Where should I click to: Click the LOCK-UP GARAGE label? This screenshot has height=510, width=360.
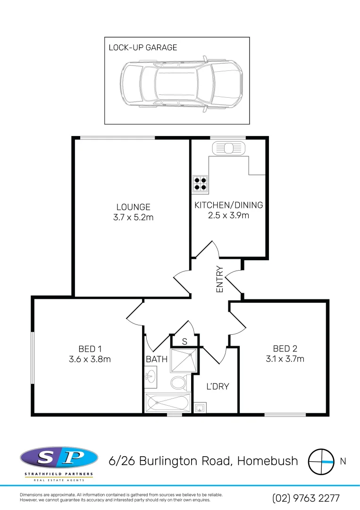coord(143,47)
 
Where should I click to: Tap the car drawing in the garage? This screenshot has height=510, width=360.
coord(182,84)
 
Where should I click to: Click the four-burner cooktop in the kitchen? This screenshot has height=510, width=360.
coord(200,183)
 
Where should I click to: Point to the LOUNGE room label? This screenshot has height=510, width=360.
coord(134,207)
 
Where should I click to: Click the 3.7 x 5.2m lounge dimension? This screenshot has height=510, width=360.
coord(134,217)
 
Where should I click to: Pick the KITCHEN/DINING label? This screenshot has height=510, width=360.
coord(229,205)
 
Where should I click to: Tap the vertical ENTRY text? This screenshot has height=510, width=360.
coord(219,280)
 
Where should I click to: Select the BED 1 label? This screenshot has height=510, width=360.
coord(90,349)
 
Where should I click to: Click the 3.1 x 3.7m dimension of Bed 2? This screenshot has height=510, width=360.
coord(285,359)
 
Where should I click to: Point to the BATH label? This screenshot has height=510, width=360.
coord(157,359)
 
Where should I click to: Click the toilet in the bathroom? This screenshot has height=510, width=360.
coord(179,382)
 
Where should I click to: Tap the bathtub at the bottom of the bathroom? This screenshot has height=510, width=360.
coord(167,403)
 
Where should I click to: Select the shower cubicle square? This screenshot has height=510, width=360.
coord(182,361)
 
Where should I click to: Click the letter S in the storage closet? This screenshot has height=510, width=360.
coord(184,341)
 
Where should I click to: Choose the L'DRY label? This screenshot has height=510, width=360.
coord(218,386)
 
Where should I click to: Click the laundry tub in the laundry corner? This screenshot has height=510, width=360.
coord(200,407)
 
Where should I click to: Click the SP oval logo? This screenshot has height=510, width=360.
coord(59,458)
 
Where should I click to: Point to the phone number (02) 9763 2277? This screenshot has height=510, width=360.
coord(306,498)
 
